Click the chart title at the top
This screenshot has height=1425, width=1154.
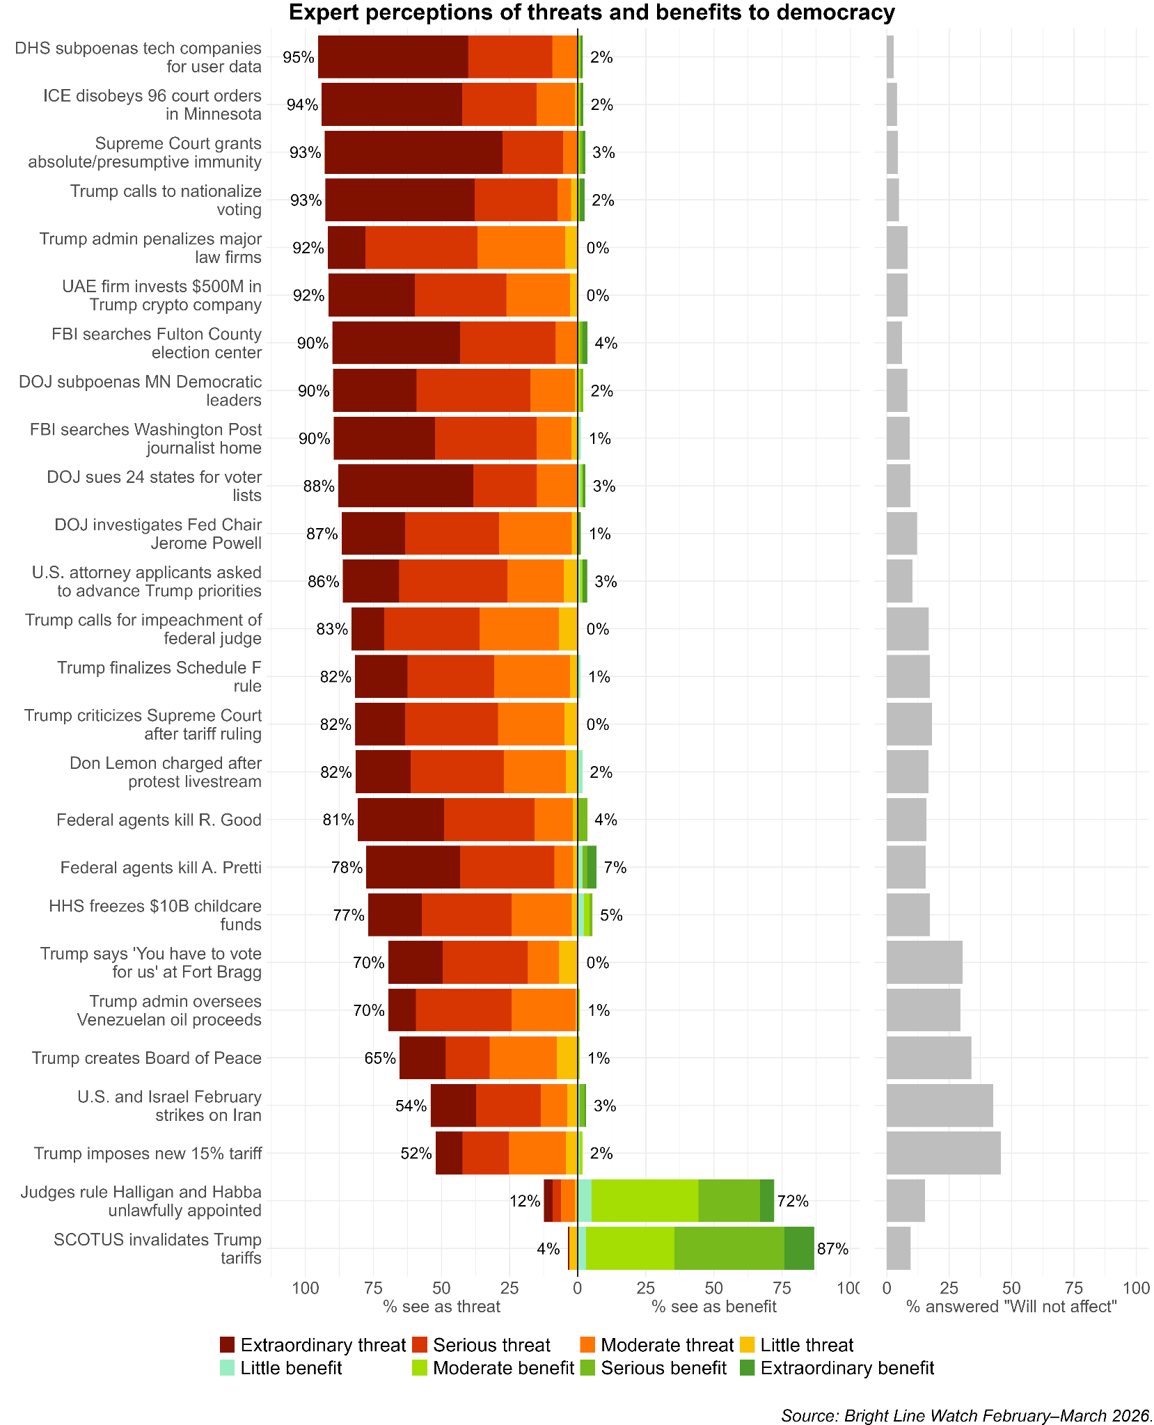tap(592, 13)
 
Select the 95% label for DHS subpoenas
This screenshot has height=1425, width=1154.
tap(299, 58)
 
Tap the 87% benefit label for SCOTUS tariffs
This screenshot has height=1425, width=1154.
tap(832, 1248)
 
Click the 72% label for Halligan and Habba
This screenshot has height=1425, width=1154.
tap(792, 1201)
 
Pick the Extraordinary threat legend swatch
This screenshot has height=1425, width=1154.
tap(228, 1345)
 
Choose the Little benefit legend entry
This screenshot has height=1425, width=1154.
tap(291, 1368)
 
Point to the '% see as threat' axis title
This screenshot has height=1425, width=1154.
tap(441, 1306)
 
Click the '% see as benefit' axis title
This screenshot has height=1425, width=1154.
tap(713, 1306)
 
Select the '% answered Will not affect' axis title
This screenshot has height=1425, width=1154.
tap(1011, 1306)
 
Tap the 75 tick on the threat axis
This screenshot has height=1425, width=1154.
tap(373, 1288)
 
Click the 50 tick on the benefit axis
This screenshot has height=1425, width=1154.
tap(713, 1288)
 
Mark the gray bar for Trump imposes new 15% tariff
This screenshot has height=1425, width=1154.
tap(943, 1153)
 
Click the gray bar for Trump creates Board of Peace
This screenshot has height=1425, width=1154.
tap(928, 1058)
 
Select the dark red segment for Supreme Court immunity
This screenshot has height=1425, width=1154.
tap(413, 152)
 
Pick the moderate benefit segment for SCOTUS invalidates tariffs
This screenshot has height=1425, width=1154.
tap(630, 1248)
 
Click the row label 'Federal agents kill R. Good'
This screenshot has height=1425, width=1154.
tap(159, 820)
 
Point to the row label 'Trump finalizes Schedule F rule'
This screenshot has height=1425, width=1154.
tap(159, 677)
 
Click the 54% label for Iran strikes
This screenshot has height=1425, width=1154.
tap(411, 1106)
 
